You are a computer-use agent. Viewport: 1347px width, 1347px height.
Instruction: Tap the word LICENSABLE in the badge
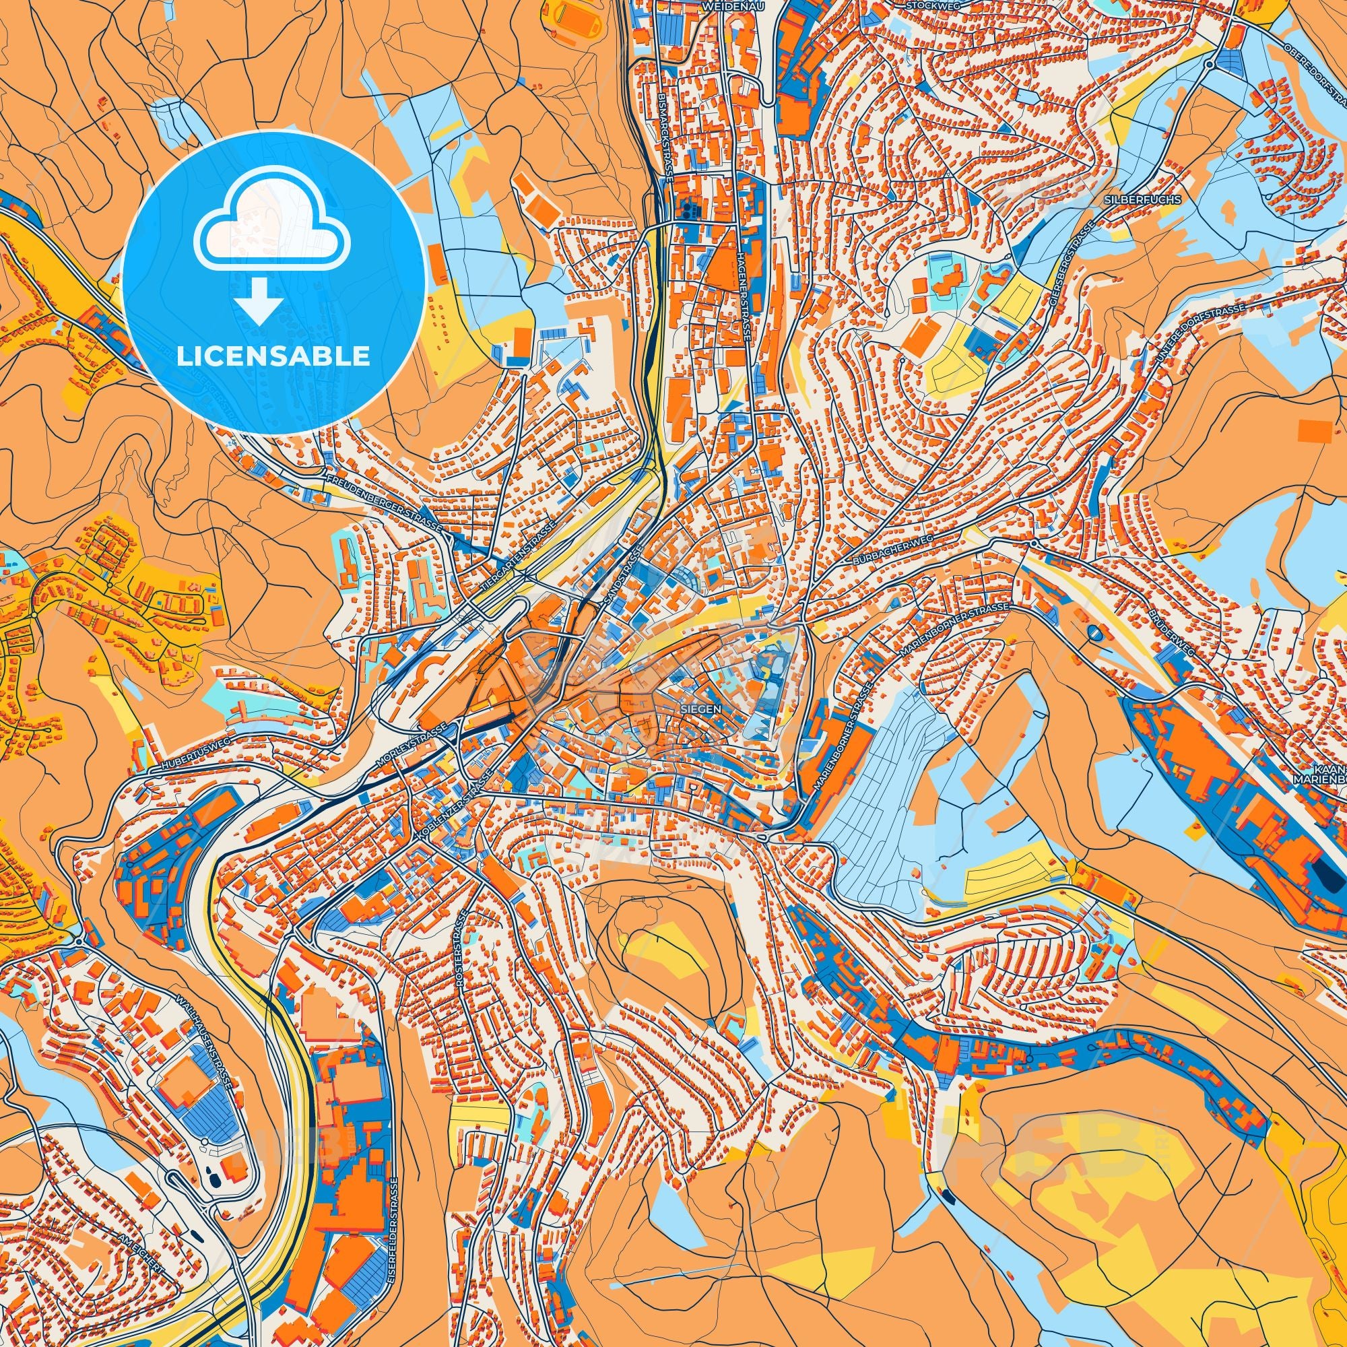coord(273,356)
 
